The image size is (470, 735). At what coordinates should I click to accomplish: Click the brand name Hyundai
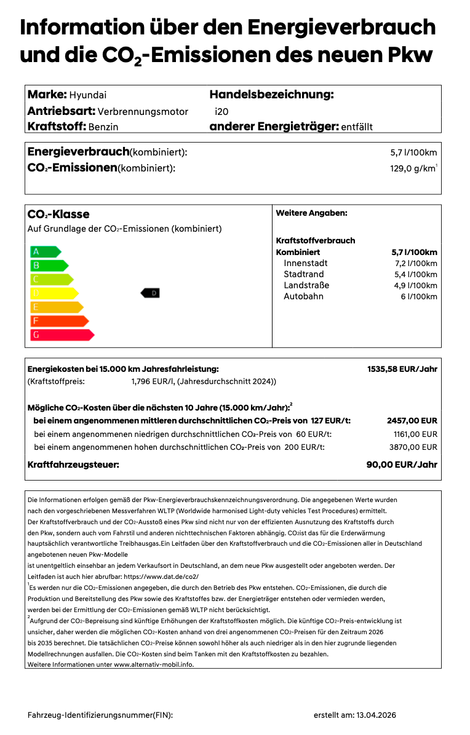pyautogui.click(x=87, y=95)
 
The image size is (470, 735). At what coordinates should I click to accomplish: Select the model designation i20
pyautogui.click(x=221, y=112)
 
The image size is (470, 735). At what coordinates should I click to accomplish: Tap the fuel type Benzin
pyautogui.click(x=103, y=127)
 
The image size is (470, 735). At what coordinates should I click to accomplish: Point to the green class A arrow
pyautogui.click(x=45, y=251)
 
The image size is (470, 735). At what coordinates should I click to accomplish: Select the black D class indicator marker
pyautogui.click(x=150, y=293)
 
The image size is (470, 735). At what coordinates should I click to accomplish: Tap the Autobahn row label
pyautogui.click(x=303, y=296)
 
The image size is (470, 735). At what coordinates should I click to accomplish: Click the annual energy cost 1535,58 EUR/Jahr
pyautogui.click(x=402, y=369)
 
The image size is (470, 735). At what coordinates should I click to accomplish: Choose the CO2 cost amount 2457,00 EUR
pyautogui.click(x=412, y=421)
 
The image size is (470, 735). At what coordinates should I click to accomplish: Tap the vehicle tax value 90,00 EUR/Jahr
pyautogui.click(x=402, y=465)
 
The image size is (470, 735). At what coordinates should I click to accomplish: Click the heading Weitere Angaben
pyautogui.click(x=311, y=213)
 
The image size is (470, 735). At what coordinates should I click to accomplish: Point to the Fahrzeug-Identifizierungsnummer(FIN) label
pyautogui.click(x=100, y=715)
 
